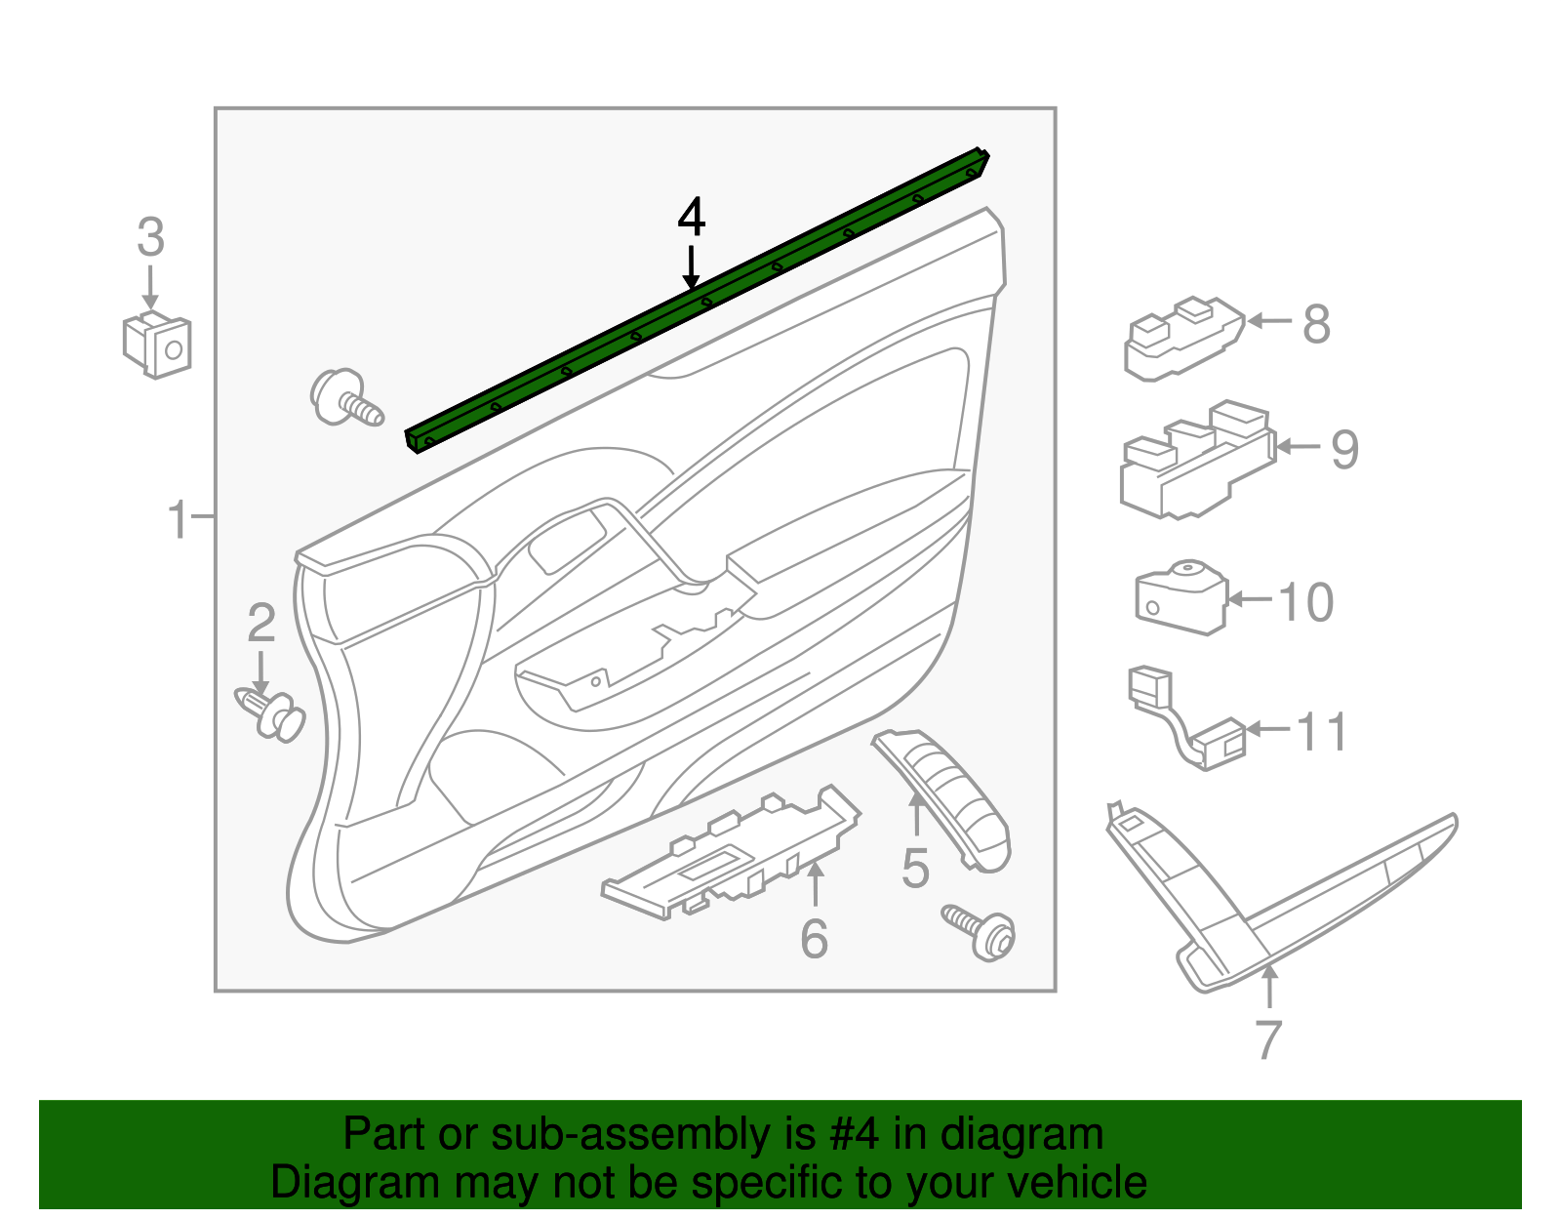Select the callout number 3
tap(150, 238)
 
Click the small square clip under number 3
tap(157, 345)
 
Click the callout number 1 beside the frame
tap(178, 519)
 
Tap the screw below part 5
tap(981, 931)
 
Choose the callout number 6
tap(814, 939)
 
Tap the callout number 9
tap(1344, 450)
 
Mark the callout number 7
tap(1267, 1040)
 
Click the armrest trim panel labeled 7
tap(1268, 908)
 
